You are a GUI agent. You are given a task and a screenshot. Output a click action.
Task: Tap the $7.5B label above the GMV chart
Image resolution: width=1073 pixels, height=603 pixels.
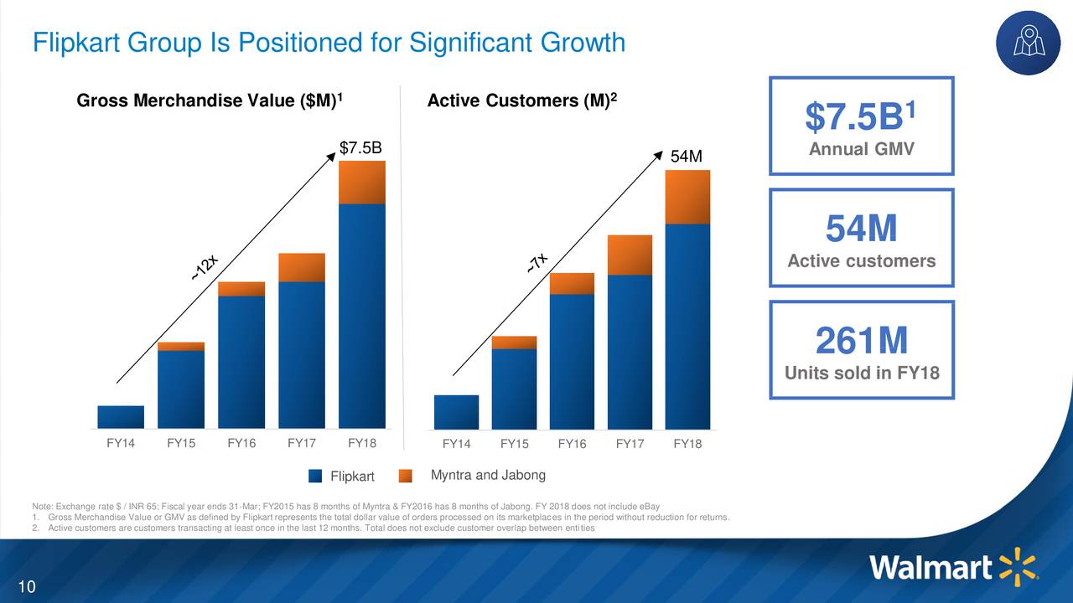click(x=360, y=148)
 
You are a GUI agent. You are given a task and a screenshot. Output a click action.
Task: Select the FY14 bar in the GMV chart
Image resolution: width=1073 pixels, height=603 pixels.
click(x=121, y=417)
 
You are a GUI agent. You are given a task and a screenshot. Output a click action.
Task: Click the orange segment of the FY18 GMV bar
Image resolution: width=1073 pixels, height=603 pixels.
click(x=361, y=182)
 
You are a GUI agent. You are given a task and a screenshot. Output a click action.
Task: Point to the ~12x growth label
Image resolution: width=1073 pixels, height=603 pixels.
click(x=205, y=267)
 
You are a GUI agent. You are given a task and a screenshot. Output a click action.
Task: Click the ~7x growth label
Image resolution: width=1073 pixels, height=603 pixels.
click(x=538, y=263)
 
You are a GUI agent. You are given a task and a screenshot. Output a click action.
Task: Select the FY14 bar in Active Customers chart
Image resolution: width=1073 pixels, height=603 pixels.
click(x=456, y=412)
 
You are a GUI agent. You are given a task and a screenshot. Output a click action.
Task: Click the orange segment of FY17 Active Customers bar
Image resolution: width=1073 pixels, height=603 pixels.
click(x=630, y=255)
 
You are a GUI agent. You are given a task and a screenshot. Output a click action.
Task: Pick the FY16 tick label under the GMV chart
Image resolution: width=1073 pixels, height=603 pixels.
click(x=241, y=443)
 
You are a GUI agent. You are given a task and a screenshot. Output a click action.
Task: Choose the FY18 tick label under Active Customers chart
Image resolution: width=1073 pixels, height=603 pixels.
click(x=687, y=444)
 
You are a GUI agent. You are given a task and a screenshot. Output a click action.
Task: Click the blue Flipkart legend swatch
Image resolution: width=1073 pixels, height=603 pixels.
click(x=315, y=476)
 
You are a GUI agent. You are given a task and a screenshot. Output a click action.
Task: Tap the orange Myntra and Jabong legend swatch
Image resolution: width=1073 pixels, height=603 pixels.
click(x=406, y=476)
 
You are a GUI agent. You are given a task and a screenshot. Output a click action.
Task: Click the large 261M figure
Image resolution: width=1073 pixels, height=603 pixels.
click(x=861, y=341)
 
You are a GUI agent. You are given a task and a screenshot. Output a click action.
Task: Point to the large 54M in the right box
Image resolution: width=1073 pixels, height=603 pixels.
click(x=861, y=229)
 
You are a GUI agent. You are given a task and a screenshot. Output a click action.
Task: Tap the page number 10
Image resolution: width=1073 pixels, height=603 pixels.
click(x=27, y=585)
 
